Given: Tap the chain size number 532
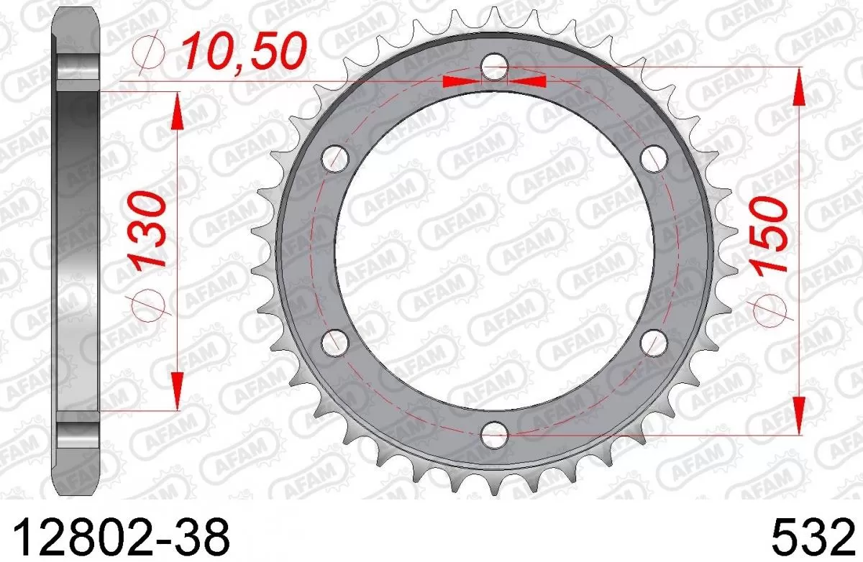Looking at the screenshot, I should point(808,535).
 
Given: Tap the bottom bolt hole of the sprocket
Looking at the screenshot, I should point(494,430).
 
